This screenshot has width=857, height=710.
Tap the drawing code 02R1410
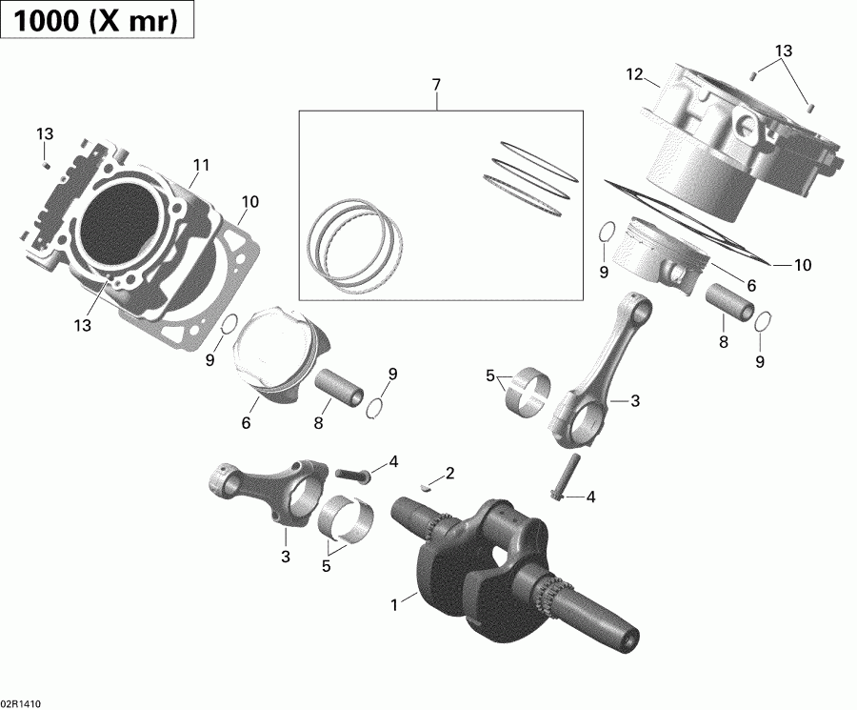[x=22, y=702]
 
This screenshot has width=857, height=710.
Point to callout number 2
[x=450, y=473]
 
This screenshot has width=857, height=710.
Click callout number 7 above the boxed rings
[x=436, y=86]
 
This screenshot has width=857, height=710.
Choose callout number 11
[x=200, y=166]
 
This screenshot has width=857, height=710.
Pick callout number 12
[x=635, y=74]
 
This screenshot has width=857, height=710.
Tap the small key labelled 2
[x=427, y=483]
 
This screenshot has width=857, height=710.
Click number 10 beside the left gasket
[x=250, y=201]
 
